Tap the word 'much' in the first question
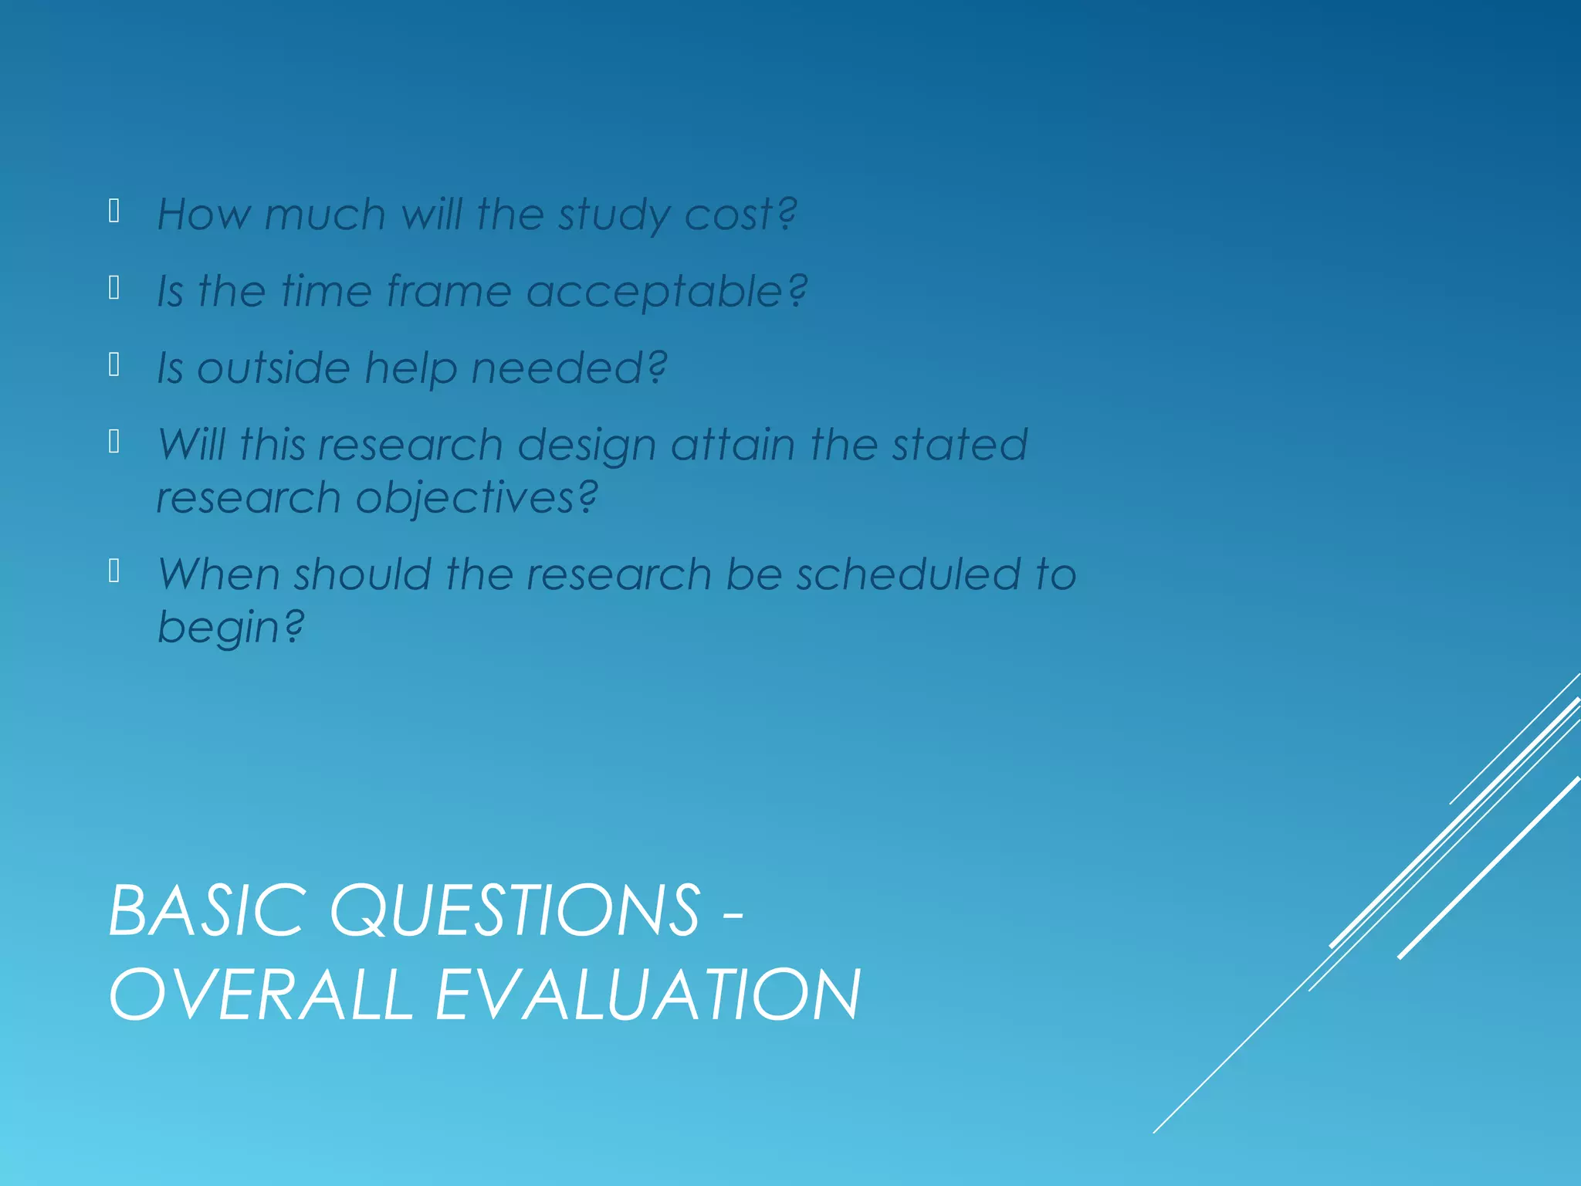[x=324, y=214]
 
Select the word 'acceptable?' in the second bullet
[x=666, y=292]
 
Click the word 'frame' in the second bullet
[x=449, y=291]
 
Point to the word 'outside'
[x=273, y=368]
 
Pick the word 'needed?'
[x=569, y=368]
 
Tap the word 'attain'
[x=733, y=445]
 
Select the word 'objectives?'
[x=476, y=497]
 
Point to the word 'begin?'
[x=230, y=626]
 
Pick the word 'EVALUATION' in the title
[x=647, y=995]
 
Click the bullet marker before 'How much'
[x=114, y=211]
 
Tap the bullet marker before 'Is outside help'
[x=114, y=364]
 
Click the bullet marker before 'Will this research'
[x=114, y=442]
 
